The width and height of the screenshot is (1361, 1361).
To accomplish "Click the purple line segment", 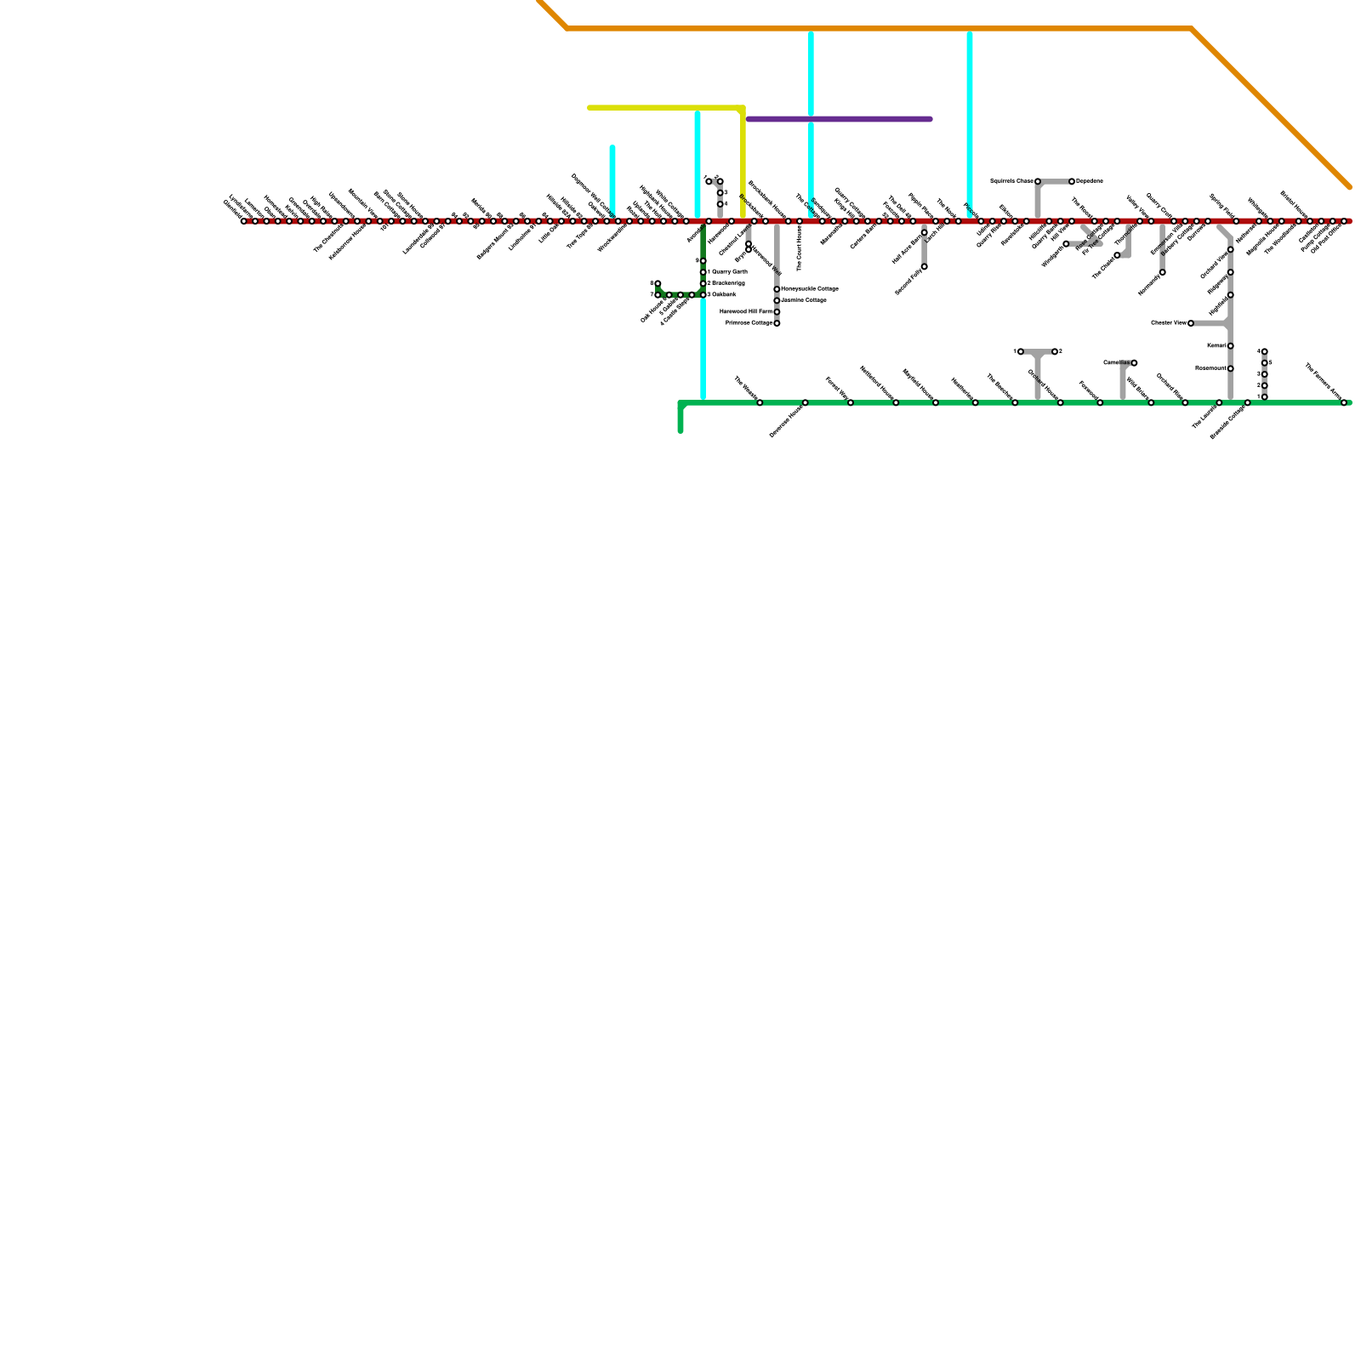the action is click(x=839, y=119).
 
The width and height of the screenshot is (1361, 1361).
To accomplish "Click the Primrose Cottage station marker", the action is click(x=777, y=323).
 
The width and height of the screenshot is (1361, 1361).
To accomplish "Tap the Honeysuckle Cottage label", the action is click(x=809, y=289).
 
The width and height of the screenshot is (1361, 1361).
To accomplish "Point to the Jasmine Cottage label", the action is click(x=803, y=300).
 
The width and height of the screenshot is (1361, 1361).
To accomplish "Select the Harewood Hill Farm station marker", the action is click(x=777, y=312).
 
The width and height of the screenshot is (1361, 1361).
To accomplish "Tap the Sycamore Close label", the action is click(x=1011, y=181).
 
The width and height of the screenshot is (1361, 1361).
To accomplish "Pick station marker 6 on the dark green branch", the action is click(x=658, y=283).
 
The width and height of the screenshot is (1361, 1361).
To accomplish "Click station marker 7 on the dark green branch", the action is click(x=658, y=295).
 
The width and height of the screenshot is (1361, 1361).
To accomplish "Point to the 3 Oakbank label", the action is click(x=722, y=294).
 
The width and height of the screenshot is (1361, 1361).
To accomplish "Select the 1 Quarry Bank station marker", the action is click(x=703, y=272).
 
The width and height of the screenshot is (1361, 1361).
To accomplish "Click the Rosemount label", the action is click(x=1210, y=368).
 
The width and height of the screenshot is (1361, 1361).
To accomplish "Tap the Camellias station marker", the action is click(x=1134, y=363).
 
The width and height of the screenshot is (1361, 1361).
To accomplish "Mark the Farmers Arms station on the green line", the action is click(x=1344, y=402).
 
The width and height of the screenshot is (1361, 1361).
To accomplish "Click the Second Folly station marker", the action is click(x=925, y=267).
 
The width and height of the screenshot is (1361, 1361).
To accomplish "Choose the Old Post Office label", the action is click(x=1327, y=239).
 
